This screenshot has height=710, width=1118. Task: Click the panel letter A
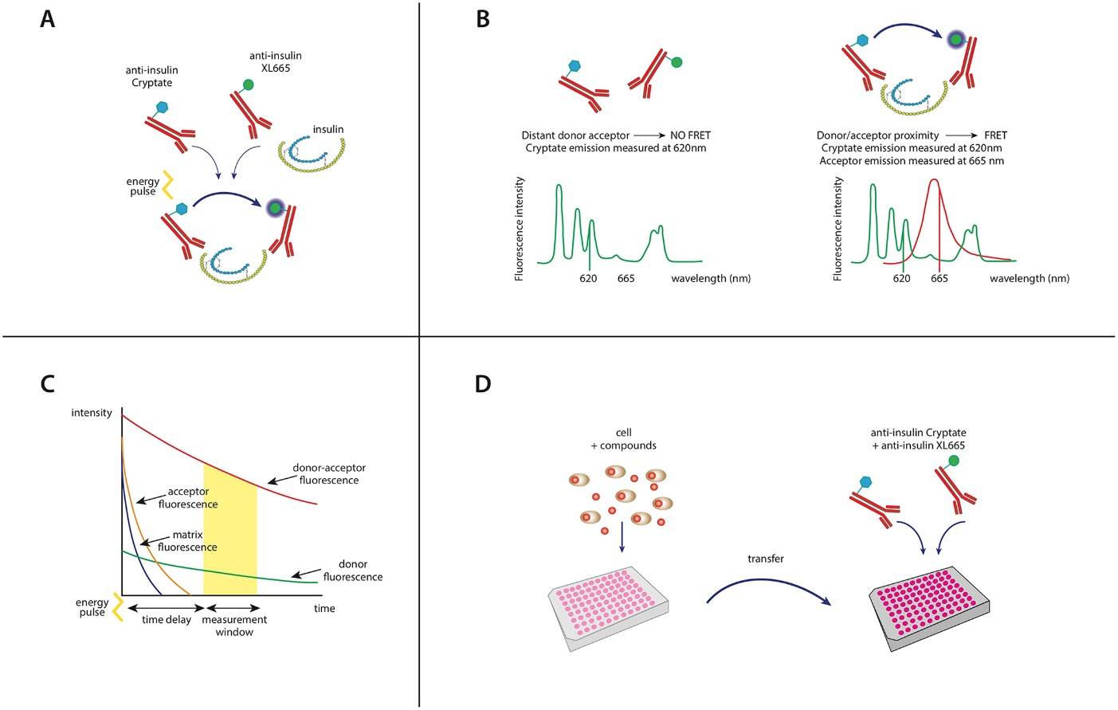(x=48, y=19)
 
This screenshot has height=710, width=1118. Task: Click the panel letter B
(x=482, y=19)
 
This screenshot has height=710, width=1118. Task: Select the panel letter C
(x=48, y=384)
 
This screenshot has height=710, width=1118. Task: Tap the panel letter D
(x=483, y=384)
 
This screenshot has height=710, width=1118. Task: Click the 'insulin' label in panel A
(x=328, y=129)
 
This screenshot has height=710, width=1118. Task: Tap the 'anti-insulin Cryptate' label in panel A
(x=151, y=76)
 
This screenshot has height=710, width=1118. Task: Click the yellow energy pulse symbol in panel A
(x=167, y=184)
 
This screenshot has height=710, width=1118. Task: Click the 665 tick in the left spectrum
(x=626, y=278)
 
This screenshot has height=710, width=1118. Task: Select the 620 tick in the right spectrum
(x=901, y=278)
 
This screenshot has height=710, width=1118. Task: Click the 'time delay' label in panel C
(x=167, y=620)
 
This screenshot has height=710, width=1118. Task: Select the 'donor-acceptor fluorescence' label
(x=328, y=474)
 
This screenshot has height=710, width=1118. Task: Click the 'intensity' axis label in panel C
(x=92, y=413)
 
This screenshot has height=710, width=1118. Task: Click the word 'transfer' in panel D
(x=765, y=559)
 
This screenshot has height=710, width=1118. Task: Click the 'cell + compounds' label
(x=623, y=439)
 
